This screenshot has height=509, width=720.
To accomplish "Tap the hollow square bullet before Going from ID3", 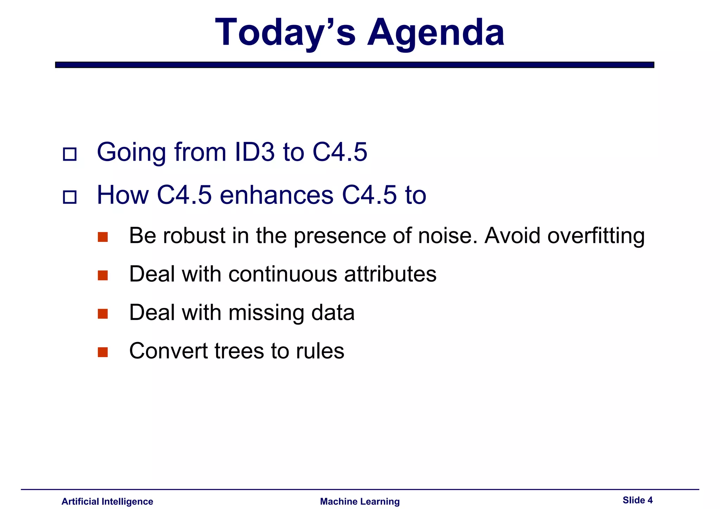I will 70,154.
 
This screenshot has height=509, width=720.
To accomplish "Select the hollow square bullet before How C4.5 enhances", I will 70,197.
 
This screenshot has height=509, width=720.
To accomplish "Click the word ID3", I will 254,152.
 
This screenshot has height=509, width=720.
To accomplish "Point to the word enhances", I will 276,195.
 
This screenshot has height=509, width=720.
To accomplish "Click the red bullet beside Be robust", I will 103,237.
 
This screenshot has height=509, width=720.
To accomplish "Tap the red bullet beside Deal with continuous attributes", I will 103,275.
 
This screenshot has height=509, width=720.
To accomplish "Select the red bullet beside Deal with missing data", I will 103,314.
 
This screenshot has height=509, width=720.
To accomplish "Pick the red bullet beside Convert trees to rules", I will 103,352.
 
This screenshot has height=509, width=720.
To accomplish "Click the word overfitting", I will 596,236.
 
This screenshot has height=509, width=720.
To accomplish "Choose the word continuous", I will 283,274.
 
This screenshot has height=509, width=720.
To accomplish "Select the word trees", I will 239,351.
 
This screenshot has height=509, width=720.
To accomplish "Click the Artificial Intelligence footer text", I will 107,501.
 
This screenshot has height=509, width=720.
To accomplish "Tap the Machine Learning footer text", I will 360,501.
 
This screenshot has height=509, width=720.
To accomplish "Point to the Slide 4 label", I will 637,500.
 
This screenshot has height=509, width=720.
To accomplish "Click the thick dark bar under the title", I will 354,65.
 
